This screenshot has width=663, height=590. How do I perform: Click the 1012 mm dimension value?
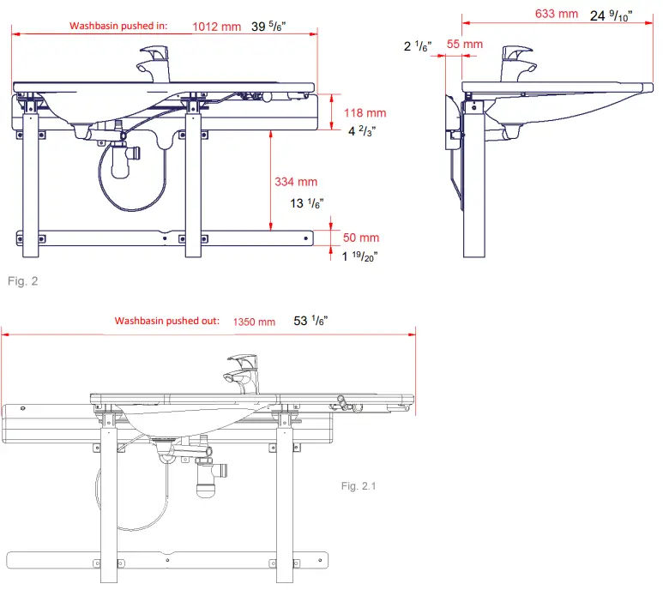tap(217, 27)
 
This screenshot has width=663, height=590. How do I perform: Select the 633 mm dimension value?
tap(556, 14)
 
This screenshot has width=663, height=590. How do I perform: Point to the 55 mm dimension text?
tap(465, 44)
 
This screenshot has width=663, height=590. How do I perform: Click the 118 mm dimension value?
tap(365, 112)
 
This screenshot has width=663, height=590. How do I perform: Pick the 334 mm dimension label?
tap(296, 182)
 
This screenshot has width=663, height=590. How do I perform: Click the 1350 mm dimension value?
tap(254, 322)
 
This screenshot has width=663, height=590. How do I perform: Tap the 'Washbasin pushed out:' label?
tap(167, 321)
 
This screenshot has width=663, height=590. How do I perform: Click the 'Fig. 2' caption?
tap(22, 280)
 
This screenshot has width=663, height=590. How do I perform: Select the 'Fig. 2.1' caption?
tap(359, 486)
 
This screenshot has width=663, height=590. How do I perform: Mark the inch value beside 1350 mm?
tap(311, 321)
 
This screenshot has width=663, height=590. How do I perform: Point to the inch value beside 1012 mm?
tap(270, 27)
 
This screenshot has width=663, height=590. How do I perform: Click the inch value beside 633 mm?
tap(612, 15)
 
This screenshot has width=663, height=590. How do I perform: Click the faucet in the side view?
tap(518, 64)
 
